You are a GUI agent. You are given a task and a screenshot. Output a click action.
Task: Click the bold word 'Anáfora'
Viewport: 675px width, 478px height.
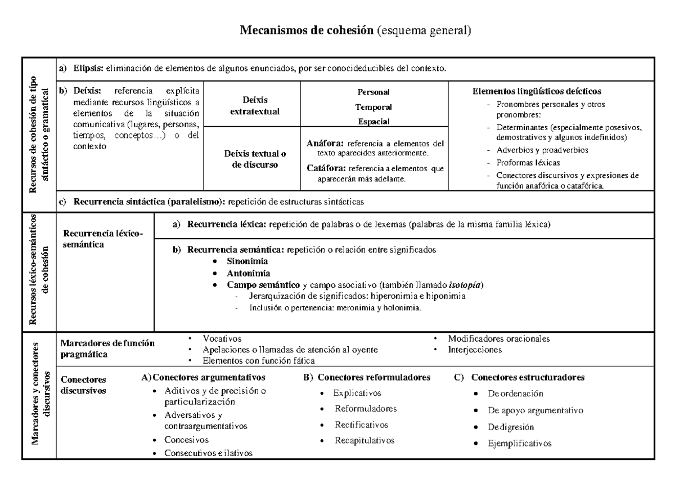325,144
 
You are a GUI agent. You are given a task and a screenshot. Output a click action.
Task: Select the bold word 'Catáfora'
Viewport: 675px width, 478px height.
326,168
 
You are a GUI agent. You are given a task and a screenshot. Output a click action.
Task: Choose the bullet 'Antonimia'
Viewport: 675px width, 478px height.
246,273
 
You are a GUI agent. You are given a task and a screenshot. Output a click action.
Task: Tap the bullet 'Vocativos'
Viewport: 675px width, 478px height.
222,339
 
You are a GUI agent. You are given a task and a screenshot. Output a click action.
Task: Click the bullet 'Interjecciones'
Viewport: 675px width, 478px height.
475,350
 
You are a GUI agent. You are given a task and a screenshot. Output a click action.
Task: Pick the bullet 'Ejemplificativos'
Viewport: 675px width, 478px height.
520,443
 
